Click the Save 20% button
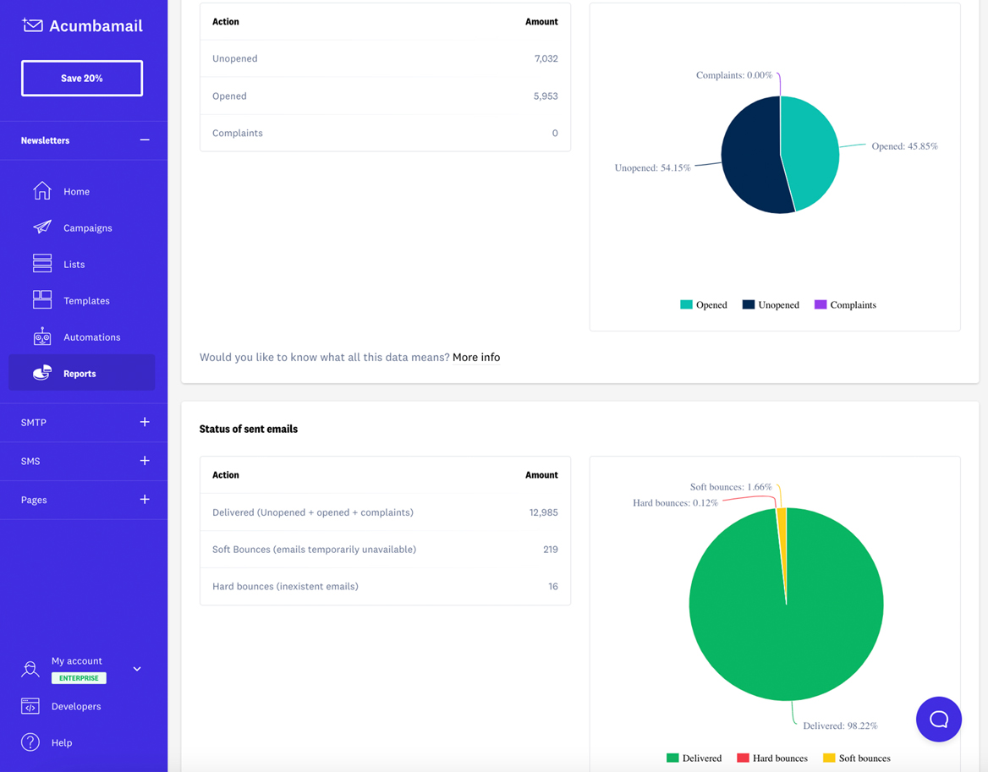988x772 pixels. coord(82,78)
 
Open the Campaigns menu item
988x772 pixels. coord(87,227)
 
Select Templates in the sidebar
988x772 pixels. coord(86,300)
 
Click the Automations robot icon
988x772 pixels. coord(42,337)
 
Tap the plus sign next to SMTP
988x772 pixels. coord(145,422)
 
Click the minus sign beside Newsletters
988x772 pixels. coord(145,140)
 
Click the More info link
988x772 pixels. coord(476,357)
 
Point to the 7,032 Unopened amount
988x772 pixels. coord(546,58)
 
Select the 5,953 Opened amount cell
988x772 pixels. coord(546,96)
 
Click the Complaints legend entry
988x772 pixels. coord(845,304)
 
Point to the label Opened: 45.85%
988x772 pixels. coord(904,146)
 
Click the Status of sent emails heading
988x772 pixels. coord(249,429)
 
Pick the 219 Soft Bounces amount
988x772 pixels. coord(550,549)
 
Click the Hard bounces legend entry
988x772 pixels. coord(772,758)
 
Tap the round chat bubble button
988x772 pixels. coord(938,719)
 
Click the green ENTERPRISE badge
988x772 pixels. coord(79,678)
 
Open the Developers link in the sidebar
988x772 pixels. coord(76,706)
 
